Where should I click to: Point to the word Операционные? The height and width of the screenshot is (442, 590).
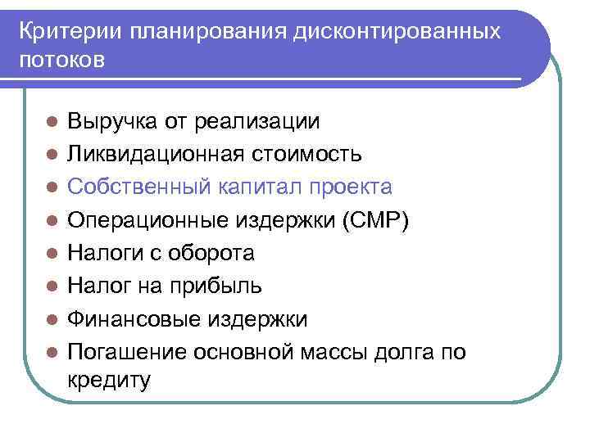tap(147, 220)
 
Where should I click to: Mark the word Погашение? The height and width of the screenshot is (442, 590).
tap(126, 352)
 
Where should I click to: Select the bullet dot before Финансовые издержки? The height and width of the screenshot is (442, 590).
tap(51, 319)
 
